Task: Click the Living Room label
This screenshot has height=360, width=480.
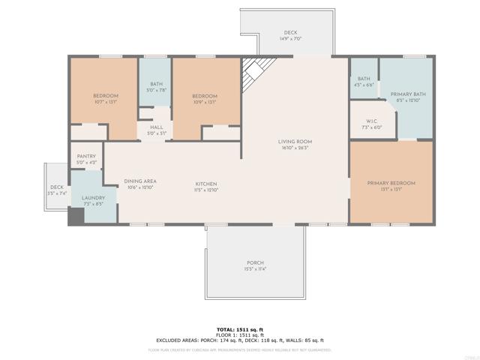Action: pyautogui.click(x=295, y=141)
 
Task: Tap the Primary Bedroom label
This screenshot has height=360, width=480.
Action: pyautogui.click(x=391, y=183)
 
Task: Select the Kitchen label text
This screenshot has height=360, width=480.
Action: pyautogui.click(x=206, y=184)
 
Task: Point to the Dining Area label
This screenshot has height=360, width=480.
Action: pyautogui.click(x=140, y=181)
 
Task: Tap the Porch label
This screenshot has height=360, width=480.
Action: pyautogui.click(x=255, y=262)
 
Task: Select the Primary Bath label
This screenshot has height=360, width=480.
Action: pyautogui.click(x=408, y=94)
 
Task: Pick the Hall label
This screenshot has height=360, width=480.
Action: pyautogui.click(x=156, y=127)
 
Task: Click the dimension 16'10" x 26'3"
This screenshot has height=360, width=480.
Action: pyautogui.click(x=295, y=148)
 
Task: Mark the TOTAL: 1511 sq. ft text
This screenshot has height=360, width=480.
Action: pyautogui.click(x=240, y=329)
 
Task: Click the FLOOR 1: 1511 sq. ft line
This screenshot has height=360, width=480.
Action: pyautogui.click(x=240, y=334)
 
